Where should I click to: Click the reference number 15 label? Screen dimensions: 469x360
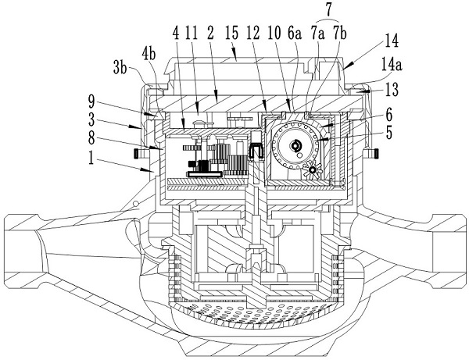click(x=232, y=33)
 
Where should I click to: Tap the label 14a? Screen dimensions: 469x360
click(x=392, y=65)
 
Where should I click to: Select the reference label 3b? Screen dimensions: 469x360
click(x=120, y=68)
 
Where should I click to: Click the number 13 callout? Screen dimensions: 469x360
click(x=391, y=89)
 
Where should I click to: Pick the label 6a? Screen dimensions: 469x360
click(x=295, y=33)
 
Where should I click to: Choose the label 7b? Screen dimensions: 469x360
click(x=340, y=33)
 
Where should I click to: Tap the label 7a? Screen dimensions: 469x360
click(x=317, y=33)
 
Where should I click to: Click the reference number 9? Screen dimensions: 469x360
click(x=91, y=102)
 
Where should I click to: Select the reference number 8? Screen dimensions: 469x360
click(x=91, y=138)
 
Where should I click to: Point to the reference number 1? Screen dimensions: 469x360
click(x=91, y=158)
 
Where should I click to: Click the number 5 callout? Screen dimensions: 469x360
click(x=388, y=133)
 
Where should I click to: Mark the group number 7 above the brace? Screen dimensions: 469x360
click(x=329, y=9)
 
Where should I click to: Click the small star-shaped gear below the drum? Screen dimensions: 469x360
click(x=313, y=169)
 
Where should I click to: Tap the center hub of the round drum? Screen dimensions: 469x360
click(x=295, y=145)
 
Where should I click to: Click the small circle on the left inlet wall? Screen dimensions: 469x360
click(x=135, y=204)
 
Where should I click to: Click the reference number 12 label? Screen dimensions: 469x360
click(x=252, y=33)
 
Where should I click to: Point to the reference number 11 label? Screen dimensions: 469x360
click(x=192, y=33)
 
